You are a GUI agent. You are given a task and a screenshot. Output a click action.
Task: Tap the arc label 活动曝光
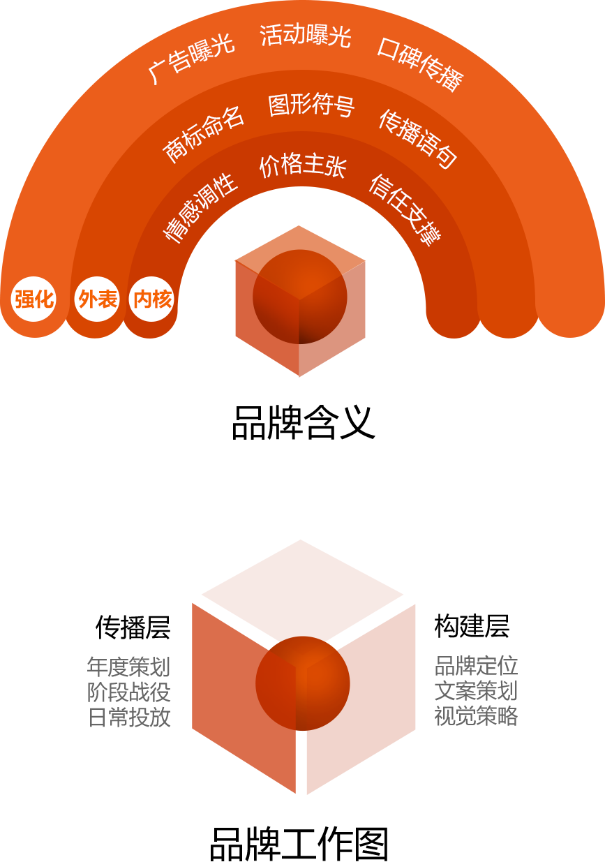pos(305,35)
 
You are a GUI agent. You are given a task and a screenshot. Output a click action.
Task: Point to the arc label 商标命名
pos(204,135)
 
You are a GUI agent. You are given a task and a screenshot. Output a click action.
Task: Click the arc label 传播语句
pos(418,139)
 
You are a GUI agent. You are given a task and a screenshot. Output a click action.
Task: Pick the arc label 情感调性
pos(201,208)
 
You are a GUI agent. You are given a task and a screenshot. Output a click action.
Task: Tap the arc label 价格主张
pos(303,166)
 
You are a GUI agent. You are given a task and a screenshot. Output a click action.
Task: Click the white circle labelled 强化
pos(33,299)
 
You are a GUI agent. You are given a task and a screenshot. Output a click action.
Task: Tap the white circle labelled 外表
pos(97,299)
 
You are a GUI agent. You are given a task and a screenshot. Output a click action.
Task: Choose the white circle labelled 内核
pos(152,299)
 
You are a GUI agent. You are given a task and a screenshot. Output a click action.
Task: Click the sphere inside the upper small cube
pos(300,297)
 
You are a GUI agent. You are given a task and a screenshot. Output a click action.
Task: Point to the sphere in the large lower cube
pos(303,683)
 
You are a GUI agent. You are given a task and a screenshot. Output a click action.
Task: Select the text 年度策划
pos(129,667)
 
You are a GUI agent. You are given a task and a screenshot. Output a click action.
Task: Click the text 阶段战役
pos(129,692)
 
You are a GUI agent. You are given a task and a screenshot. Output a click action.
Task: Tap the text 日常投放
pos(129,717)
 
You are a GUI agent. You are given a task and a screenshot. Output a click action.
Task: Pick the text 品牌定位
pos(476,666)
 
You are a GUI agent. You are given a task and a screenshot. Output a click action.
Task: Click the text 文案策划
pos(476,691)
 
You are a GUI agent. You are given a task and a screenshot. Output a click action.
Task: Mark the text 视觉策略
pos(476,716)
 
